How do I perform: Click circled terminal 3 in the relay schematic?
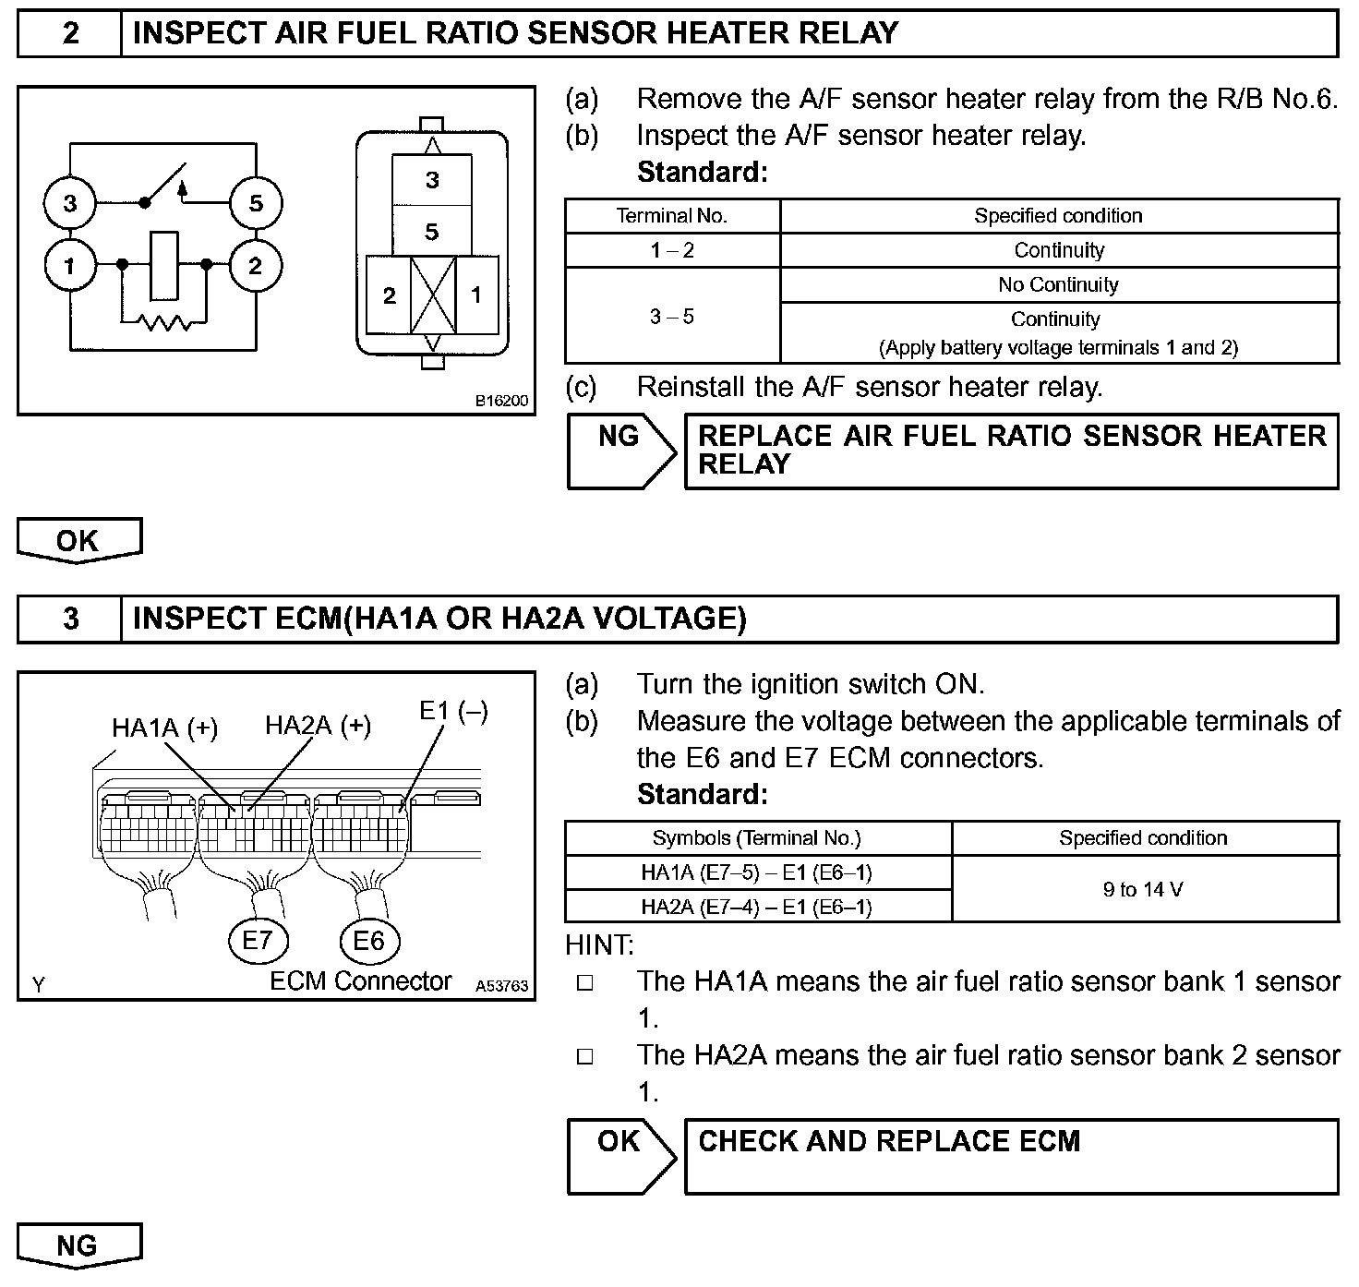pyautogui.click(x=70, y=202)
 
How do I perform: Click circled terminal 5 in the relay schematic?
pyautogui.click(x=256, y=202)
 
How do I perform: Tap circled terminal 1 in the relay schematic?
pyautogui.click(x=70, y=266)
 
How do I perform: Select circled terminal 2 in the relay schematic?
pyautogui.click(x=256, y=266)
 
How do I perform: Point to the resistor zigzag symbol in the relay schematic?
pyautogui.click(x=163, y=322)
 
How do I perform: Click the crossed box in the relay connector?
pyautogui.click(x=433, y=295)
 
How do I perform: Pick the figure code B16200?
pyautogui.click(x=502, y=401)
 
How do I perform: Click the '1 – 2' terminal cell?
pyautogui.click(x=672, y=250)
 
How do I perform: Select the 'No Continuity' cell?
pyautogui.click(x=1058, y=284)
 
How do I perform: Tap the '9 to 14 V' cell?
pyautogui.click(x=1143, y=889)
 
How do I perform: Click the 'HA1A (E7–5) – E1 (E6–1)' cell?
pyautogui.click(x=756, y=872)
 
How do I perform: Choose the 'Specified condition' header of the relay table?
pyautogui.click(x=1058, y=216)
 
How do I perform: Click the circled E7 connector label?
pyautogui.click(x=258, y=940)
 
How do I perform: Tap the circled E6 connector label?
pyautogui.click(x=368, y=940)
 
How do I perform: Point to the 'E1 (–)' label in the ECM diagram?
pyautogui.click(x=453, y=711)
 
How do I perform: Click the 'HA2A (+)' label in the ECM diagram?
pyautogui.click(x=318, y=726)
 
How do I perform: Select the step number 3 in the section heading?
pyautogui.click(x=70, y=618)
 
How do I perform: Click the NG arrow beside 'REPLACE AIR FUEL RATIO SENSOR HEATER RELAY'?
pyautogui.click(x=619, y=450)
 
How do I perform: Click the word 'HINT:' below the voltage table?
pyautogui.click(x=599, y=944)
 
